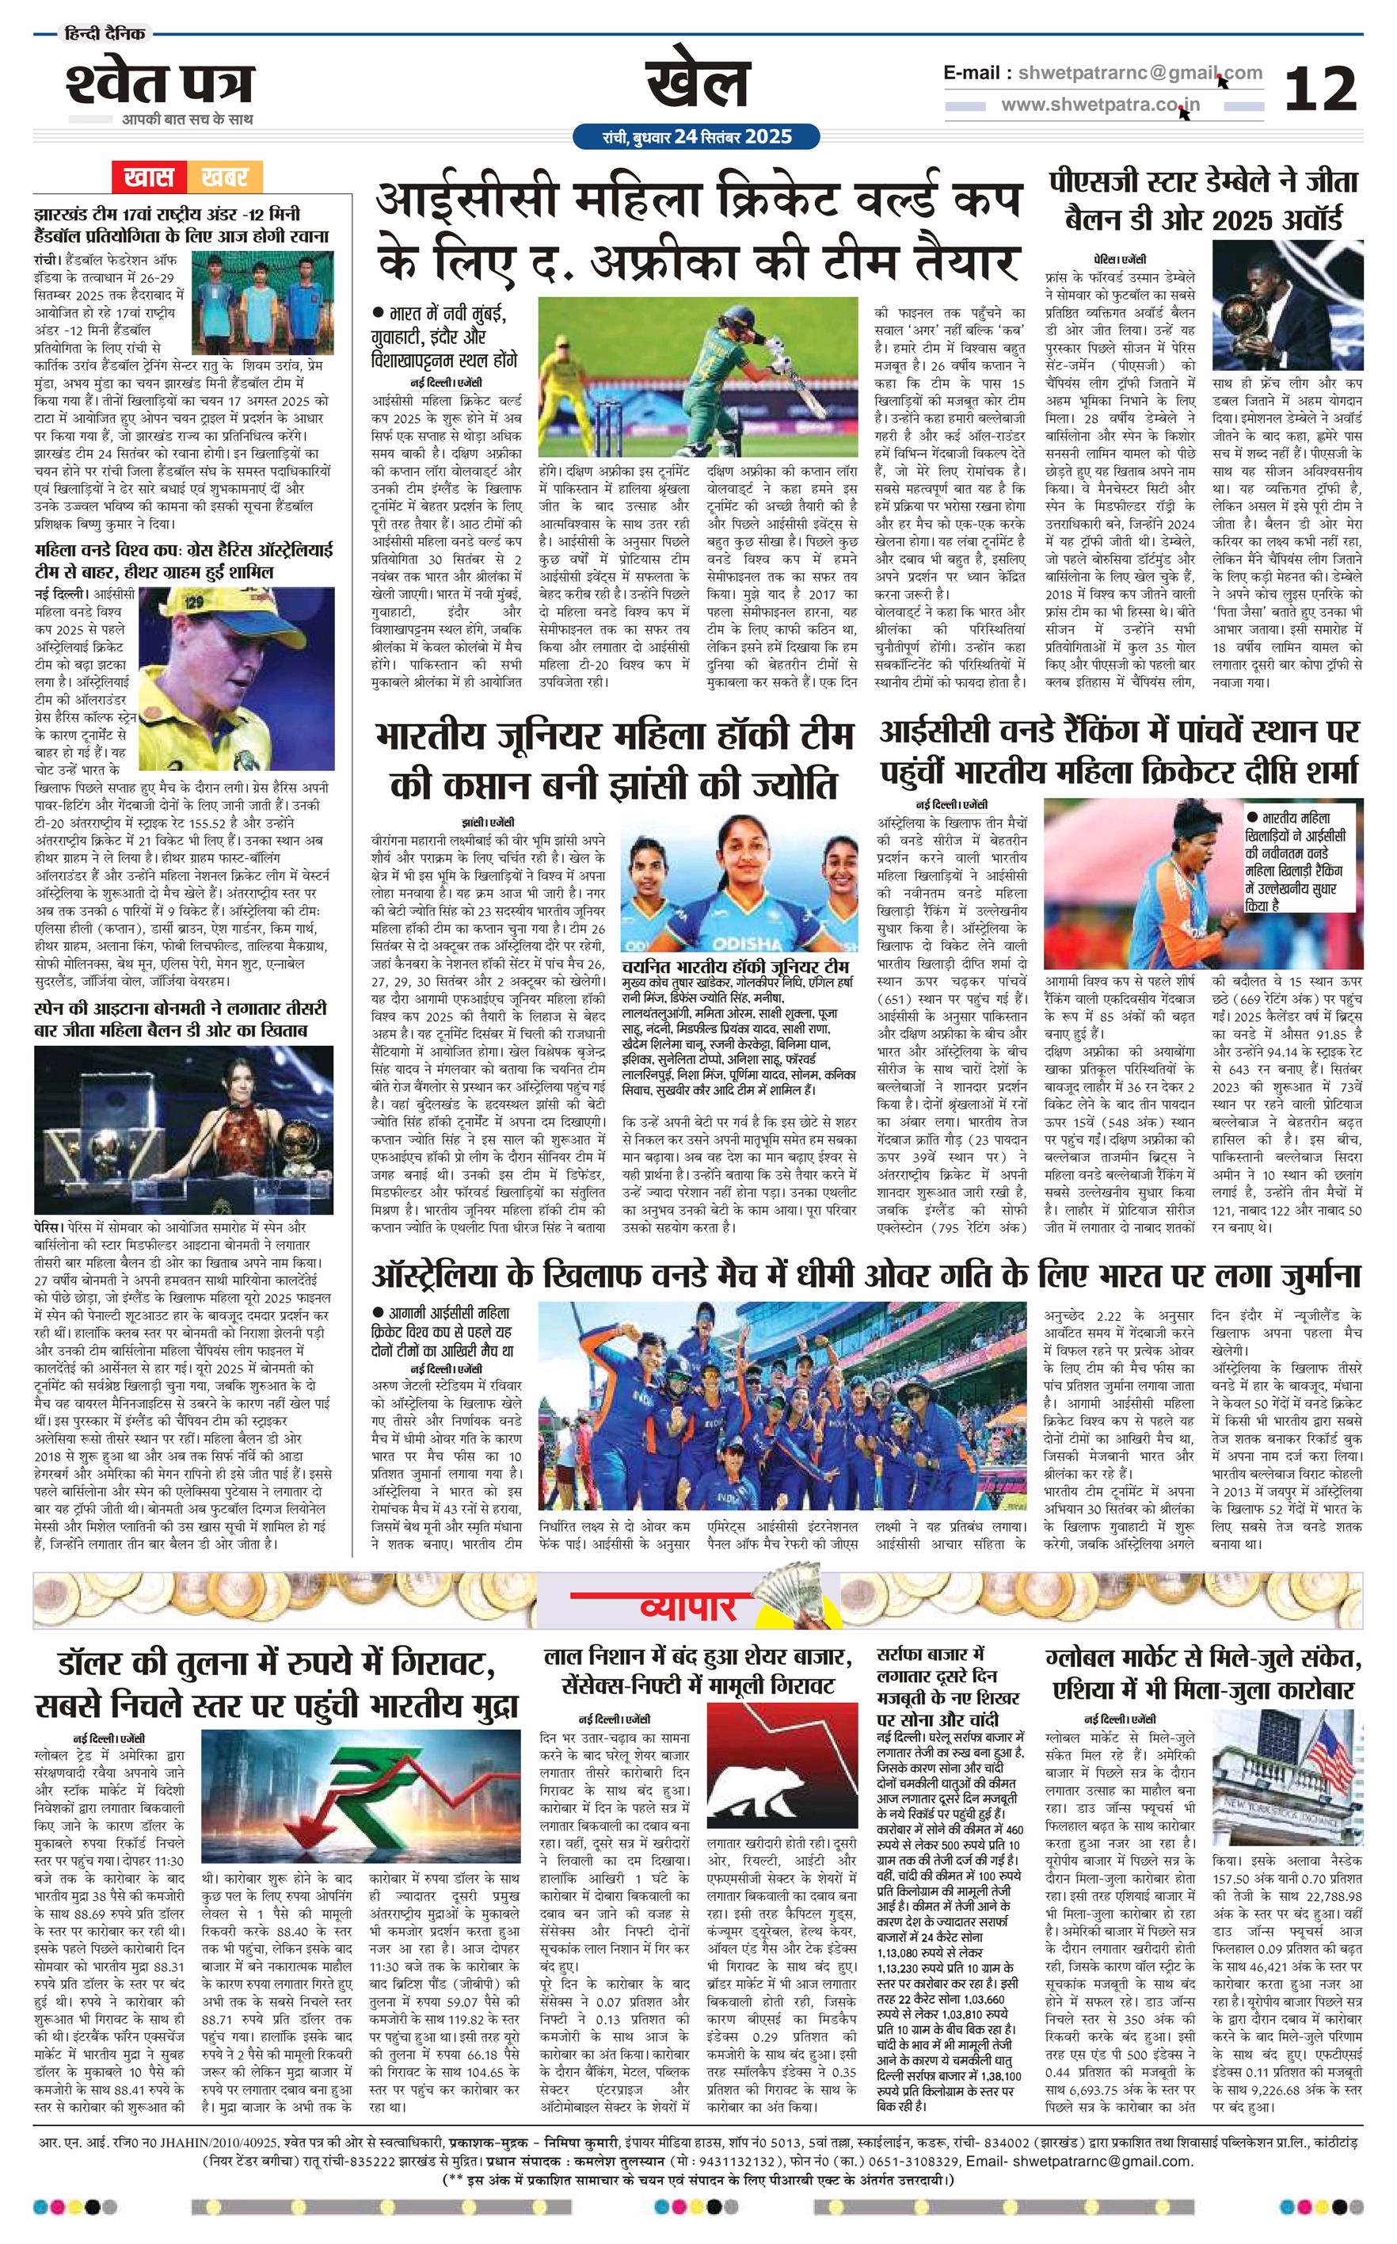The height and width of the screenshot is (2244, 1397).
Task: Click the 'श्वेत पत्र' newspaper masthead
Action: (159, 84)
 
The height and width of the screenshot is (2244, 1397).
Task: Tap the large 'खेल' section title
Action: (698, 82)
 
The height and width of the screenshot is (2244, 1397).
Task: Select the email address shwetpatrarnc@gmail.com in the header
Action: (1137, 73)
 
